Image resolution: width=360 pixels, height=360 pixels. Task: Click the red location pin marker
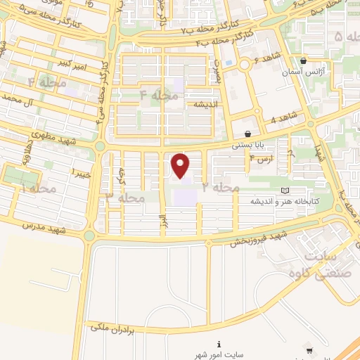pyautogui.click(x=181, y=165)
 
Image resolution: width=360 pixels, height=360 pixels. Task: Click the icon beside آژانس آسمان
pyautogui.click(x=303, y=60)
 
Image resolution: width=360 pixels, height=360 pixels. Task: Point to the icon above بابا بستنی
pyautogui.click(x=247, y=134)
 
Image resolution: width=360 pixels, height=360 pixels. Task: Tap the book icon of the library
pyautogui.click(x=284, y=190)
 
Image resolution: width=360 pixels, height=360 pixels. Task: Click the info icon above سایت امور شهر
pyautogui.click(x=219, y=344)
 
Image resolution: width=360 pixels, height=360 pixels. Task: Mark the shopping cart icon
pyautogui.click(x=309, y=349)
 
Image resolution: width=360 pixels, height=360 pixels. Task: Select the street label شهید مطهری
pyautogui.click(x=52, y=139)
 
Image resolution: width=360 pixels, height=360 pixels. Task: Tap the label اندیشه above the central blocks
pyautogui.click(x=199, y=104)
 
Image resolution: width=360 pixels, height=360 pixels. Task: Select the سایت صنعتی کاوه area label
pyautogui.click(x=328, y=264)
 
